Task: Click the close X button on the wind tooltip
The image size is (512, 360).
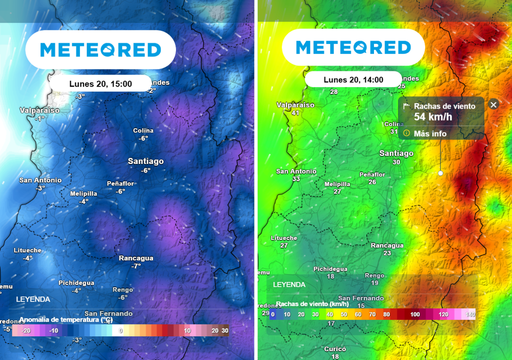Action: pyautogui.click(x=493, y=104)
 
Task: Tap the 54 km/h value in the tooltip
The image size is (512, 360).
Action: pyautogui.click(x=433, y=117)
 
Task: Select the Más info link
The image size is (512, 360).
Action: pyautogui.click(x=430, y=133)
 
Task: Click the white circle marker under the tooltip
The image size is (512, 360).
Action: pyautogui.click(x=440, y=173)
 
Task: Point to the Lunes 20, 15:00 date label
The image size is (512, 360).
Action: pyautogui.click(x=100, y=84)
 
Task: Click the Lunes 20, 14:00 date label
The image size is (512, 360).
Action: pyautogui.click(x=353, y=80)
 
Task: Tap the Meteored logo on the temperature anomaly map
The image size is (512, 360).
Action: pyautogui.click(x=100, y=49)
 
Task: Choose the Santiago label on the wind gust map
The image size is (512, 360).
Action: pyautogui.click(x=396, y=153)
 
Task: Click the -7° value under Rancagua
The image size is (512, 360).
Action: pyautogui.click(x=136, y=266)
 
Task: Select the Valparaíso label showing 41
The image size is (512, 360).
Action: pyautogui.click(x=295, y=105)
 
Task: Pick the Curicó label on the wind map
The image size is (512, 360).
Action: pyautogui.click(x=335, y=349)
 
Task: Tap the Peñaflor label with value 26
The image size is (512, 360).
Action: pyautogui.click(x=372, y=174)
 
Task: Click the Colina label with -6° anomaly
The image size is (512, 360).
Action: pyautogui.click(x=143, y=130)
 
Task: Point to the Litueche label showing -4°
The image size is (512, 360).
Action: pyautogui.click(x=27, y=250)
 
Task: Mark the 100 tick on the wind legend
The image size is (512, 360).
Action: pyautogui.click(x=415, y=314)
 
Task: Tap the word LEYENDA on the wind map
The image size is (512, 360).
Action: pyautogui.click(x=289, y=284)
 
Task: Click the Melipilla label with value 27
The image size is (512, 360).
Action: pyautogui.click(x=337, y=184)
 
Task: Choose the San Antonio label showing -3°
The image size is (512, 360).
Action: pyautogui.click(x=40, y=180)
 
